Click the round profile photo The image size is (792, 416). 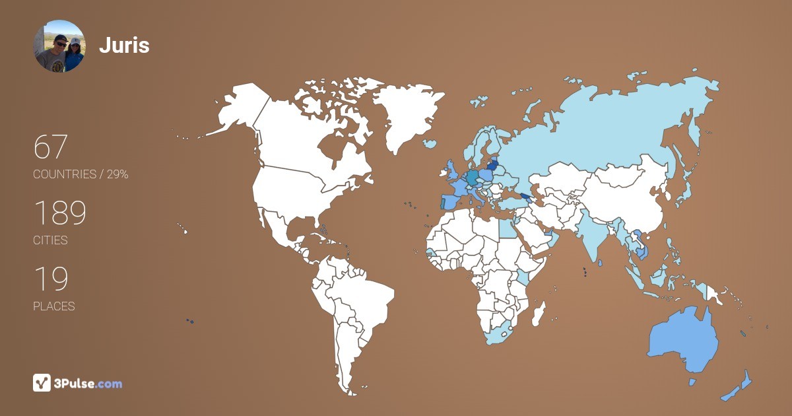59,46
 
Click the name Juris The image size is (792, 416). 124,46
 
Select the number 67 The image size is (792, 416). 51,147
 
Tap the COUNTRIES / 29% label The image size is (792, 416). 81,174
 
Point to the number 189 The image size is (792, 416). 60,213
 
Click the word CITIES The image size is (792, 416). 51,240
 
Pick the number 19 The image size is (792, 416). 51,279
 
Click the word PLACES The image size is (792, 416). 54,306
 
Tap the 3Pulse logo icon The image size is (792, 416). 42,383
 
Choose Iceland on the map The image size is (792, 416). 430,143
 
